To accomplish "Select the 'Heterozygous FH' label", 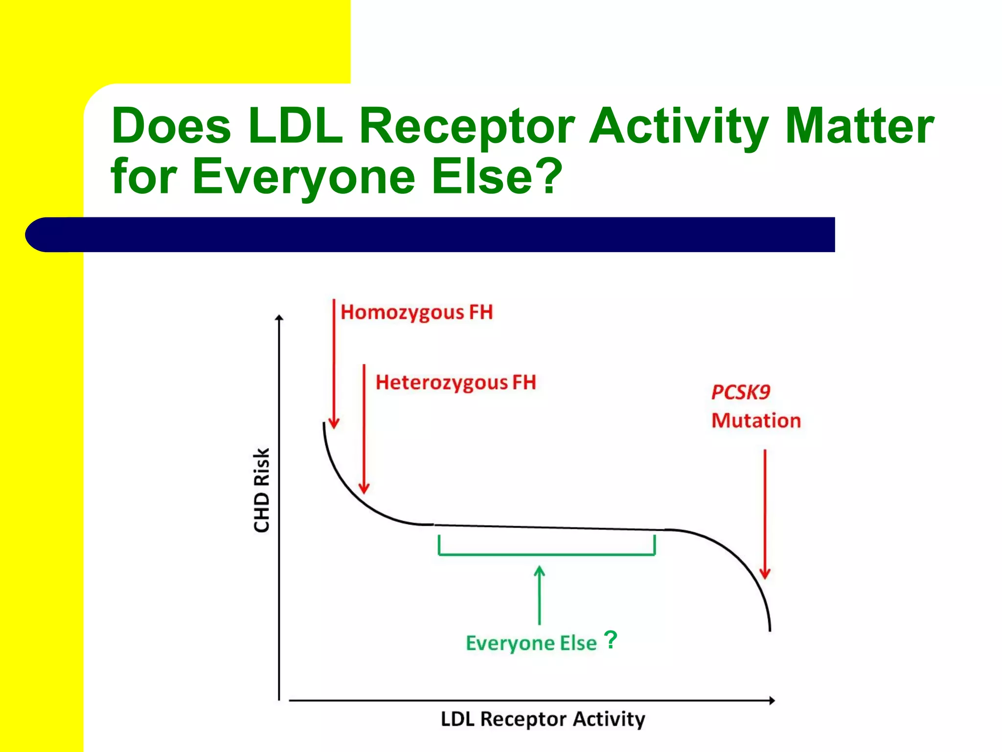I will click(x=455, y=383).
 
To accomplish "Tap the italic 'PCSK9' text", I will click(x=741, y=392).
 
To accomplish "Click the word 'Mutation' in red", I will click(x=756, y=421).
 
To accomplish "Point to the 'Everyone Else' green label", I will click(x=531, y=643).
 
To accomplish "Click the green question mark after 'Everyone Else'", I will click(x=611, y=639).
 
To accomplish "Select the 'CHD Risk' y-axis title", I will click(x=262, y=490).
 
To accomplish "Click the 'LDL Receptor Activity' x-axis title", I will click(x=543, y=719).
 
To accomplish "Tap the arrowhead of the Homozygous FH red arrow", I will click(x=334, y=424).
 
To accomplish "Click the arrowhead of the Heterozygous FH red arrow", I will click(x=364, y=489).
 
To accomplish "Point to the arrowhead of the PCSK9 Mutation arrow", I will click(x=765, y=574).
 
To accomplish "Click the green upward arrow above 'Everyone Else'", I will click(x=539, y=594).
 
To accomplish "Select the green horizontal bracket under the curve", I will click(x=547, y=554).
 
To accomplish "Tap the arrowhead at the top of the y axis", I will click(x=279, y=318).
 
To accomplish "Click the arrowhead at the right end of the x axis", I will click(x=772, y=701).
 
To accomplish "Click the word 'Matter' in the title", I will click(x=859, y=126).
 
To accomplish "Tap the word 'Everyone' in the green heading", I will click(x=304, y=176).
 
